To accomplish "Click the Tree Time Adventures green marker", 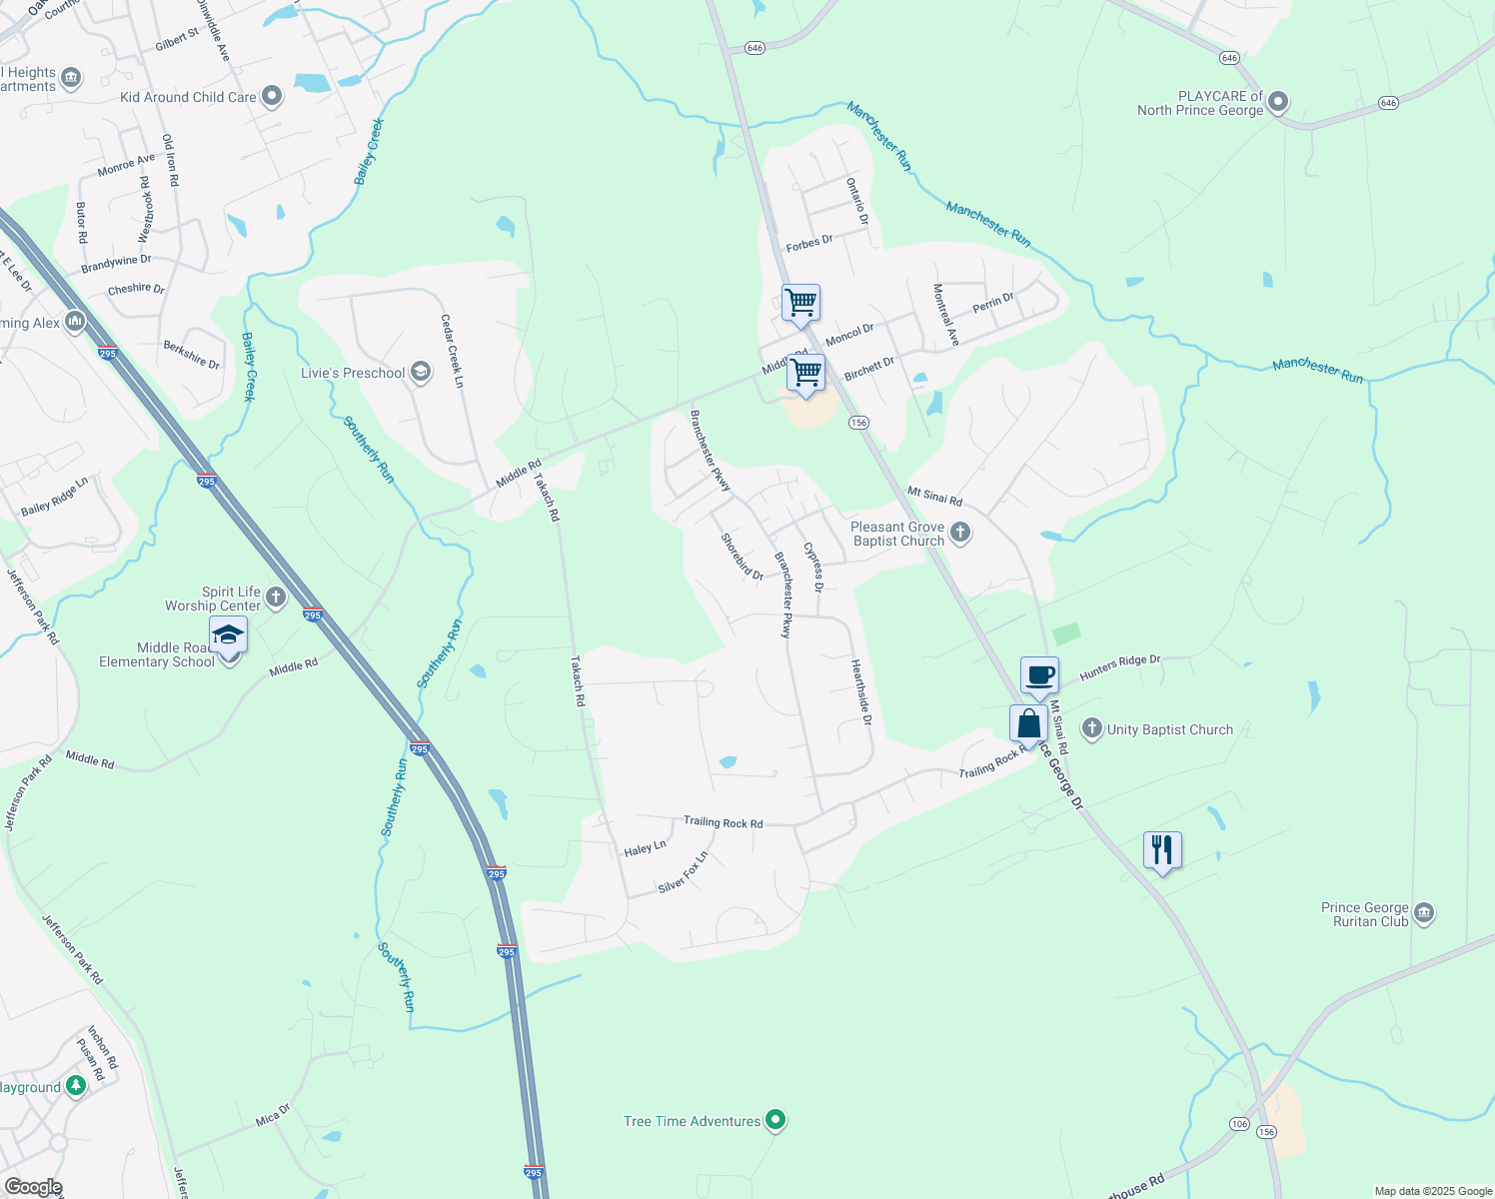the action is [x=774, y=1120].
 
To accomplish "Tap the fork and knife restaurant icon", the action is [x=1161, y=850].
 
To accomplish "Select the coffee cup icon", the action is [x=1039, y=674].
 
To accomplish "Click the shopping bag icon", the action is [x=1028, y=723].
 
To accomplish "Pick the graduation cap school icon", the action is [x=228, y=635].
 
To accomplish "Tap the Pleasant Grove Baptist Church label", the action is [x=897, y=534].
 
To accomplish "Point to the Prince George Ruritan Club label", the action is [x=1365, y=914].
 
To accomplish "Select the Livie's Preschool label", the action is [x=353, y=373].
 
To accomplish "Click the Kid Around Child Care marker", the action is [x=272, y=97].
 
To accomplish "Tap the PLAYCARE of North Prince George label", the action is [x=1200, y=103].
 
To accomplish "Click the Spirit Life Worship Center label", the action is [x=213, y=599].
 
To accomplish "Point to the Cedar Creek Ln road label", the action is [x=453, y=351].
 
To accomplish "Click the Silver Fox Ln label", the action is [x=684, y=872].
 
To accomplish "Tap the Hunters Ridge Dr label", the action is [x=1120, y=667].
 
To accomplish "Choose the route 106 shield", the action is [x=1239, y=1124].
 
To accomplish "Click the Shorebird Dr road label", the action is [x=743, y=557].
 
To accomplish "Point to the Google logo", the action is [x=33, y=1187].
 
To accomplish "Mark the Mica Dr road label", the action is [x=273, y=1114].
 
